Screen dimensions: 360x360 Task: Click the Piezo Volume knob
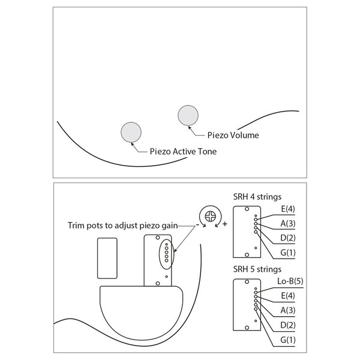(188, 115)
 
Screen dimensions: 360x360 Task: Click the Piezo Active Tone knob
(131, 132)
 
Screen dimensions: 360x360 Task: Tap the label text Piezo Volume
(233, 135)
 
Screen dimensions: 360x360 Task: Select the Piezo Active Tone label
(183, 152)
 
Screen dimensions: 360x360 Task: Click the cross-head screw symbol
(211, 216)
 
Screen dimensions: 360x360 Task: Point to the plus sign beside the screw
(225, 224)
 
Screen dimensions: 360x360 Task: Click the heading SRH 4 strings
(257, 197)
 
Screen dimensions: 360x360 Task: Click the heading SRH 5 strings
(257, 269)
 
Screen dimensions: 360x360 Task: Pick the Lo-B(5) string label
(290, 281)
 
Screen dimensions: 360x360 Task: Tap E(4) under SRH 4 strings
(288, 209)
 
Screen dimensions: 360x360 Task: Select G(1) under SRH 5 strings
(288, 340)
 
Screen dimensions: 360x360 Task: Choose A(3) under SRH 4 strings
(288, 223)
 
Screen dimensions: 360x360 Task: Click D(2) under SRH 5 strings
(288, 325)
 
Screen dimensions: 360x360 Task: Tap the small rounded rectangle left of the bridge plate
(107, 258)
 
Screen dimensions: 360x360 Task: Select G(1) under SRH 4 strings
(288, 253)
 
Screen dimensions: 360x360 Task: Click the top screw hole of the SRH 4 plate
(247, 209)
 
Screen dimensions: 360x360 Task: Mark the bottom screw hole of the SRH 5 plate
(247, 328)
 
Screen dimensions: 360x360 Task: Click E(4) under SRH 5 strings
(288, 295)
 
